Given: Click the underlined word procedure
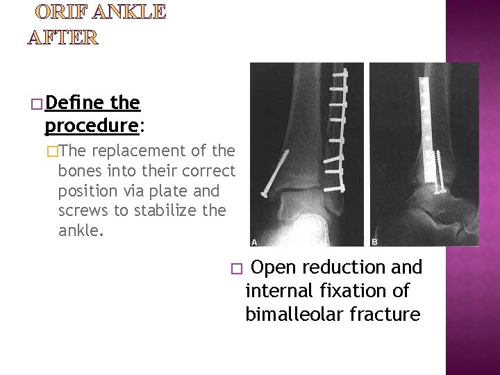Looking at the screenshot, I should (x=92, y=126).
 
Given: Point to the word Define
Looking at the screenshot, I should (x=75, y=103).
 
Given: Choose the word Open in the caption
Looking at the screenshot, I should (x=274, y=267).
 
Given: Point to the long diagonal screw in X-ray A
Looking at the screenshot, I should (x=281, y=174).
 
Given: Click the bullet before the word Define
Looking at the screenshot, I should (x=36, y=105).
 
